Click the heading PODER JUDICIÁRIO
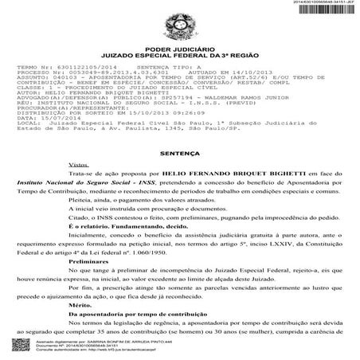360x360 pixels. [x=180, y=46]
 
